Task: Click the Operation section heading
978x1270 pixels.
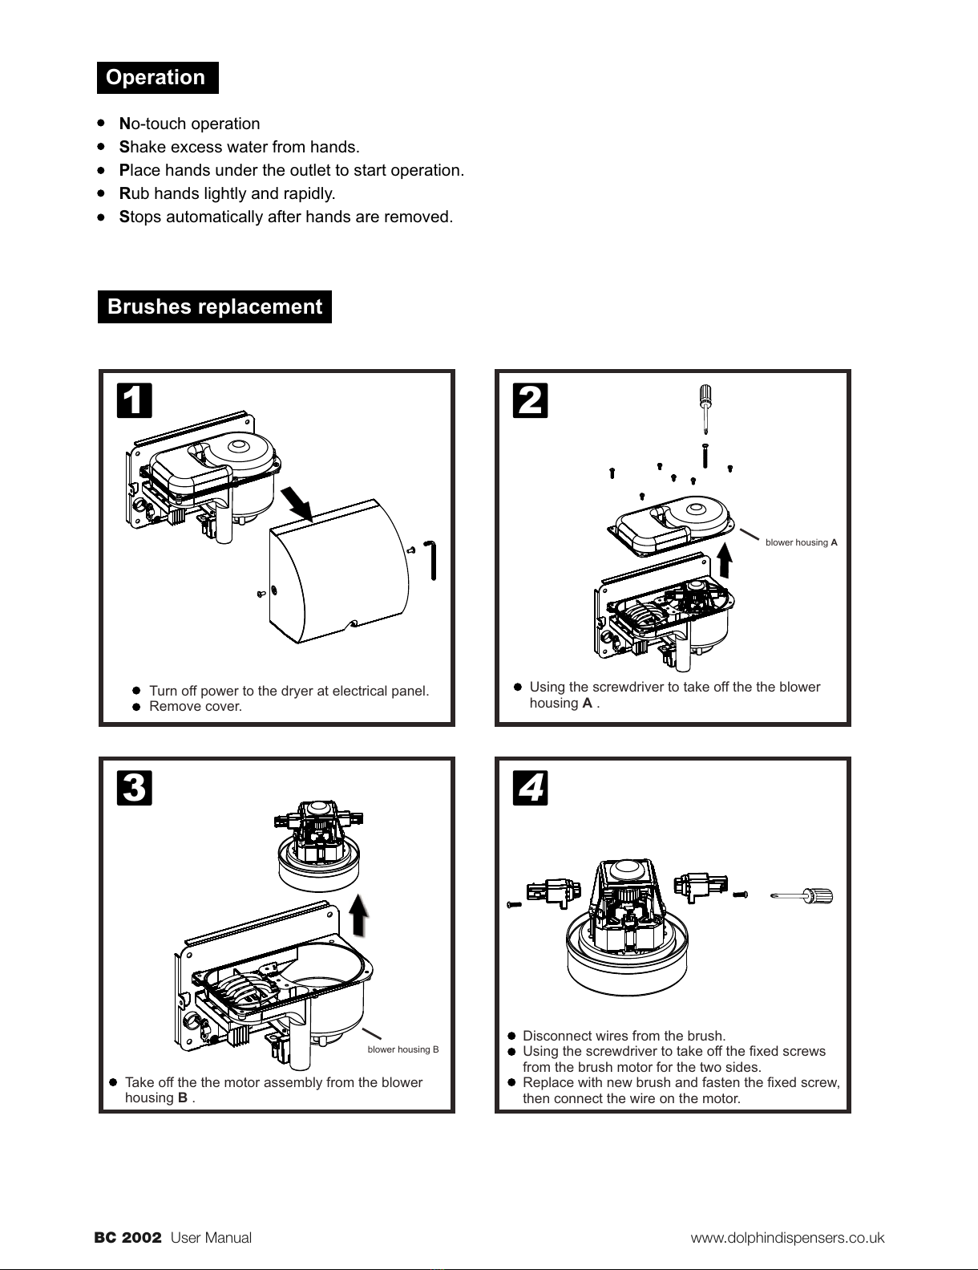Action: [156, 78]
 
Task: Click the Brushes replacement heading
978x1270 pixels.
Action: [214, 307]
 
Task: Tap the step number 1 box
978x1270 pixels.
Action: [134, 400]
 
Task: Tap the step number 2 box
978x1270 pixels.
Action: [530, 400]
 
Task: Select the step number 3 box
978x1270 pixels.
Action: [134, 788]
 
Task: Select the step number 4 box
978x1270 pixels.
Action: [530, 788]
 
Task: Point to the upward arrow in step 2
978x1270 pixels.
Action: [725, 559]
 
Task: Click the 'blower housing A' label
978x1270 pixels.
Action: [801, 542]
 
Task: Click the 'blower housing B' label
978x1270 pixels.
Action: [402, 1049]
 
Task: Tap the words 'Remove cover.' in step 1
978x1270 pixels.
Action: [195, 707]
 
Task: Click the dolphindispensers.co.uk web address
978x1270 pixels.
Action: [787, 1238]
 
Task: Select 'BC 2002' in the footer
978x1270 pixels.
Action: [128, 1238]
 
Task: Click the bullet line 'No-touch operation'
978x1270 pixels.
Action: [190, 124]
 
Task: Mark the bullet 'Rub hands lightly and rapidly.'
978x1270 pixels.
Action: [227, 194]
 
